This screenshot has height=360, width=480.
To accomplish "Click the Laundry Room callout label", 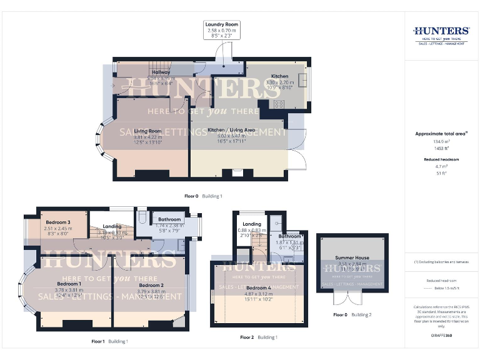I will [x=222, y=30].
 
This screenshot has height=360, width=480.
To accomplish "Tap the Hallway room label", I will [x=161, y=72].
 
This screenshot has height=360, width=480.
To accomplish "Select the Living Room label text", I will [x=147, y=131].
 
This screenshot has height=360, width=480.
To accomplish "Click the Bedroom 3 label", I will [x=57, y=222].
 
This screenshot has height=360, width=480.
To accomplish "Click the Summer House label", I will [x=352, y=257].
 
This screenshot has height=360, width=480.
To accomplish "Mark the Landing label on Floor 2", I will [x=252, y=224].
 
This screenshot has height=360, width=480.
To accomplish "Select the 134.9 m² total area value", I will [x=441, y=141].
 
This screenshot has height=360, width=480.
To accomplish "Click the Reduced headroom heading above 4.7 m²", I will [x=441, y=160].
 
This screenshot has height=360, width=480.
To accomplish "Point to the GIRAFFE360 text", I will [x=441, y=336].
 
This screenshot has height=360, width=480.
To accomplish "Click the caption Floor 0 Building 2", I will [x=352, y=314].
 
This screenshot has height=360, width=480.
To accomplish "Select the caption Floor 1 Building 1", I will [x=109, y=341].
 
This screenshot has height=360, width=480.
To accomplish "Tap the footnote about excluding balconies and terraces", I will [x=441, y=261].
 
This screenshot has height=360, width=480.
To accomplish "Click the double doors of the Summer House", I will [x=352, y=299].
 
